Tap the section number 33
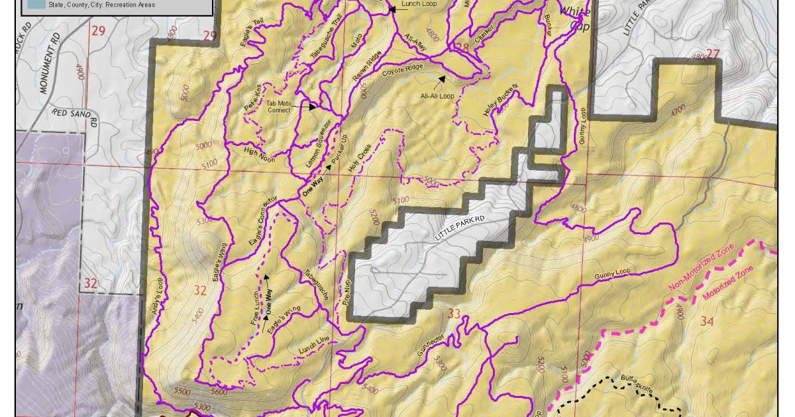(454, 314)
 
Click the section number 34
(707, 322)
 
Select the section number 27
(712, 54)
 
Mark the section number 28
(462, 47)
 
